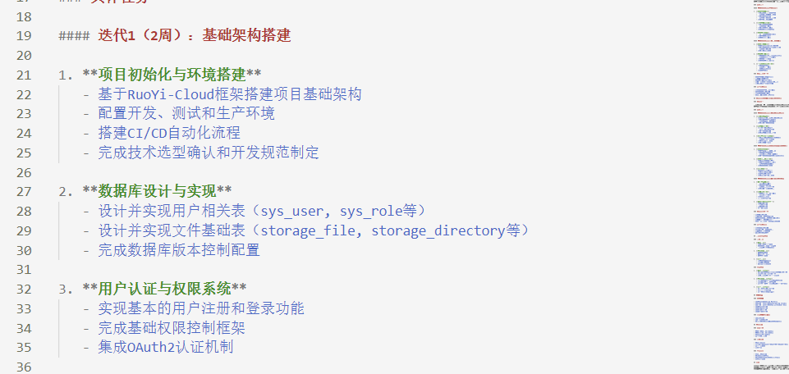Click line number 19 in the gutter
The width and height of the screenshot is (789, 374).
pos(24,35)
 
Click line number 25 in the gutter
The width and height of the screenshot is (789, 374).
pos(24,153)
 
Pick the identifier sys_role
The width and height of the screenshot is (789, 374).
pos(375,211)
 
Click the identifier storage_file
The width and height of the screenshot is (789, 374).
pos(307,230)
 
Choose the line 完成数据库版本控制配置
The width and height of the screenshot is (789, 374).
pos(178,250)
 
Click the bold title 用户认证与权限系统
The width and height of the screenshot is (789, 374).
pos(164,289)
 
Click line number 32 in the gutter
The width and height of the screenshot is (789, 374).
pos(24,289)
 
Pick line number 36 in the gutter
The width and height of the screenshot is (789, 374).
pos(24,367)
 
